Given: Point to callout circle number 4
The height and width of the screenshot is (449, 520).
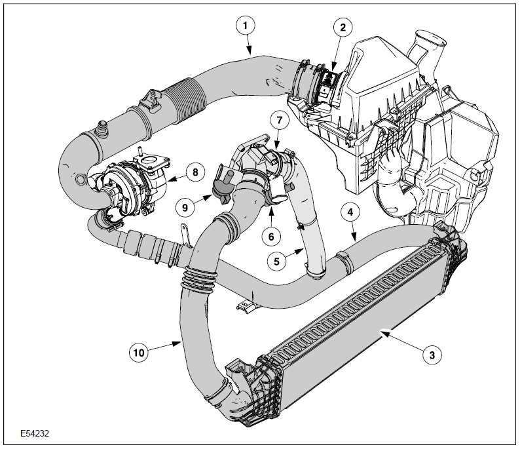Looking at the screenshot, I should (x=350, y=212).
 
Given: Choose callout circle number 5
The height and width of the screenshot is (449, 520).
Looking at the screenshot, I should (x=277, y=260).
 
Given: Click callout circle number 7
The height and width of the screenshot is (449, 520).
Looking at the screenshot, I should (x=278, y=121).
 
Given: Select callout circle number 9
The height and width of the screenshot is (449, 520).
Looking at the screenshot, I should (x=185, y=206).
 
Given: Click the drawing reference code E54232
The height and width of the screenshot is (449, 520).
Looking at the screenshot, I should (x=35, y=433).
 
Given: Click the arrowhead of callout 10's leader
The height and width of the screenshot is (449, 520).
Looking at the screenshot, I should (x=180, y=340).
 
